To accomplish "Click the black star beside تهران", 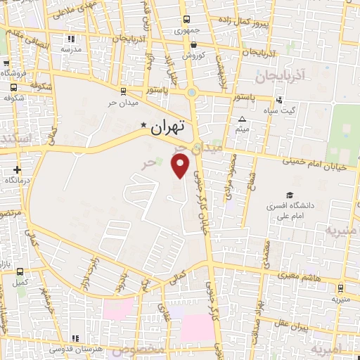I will (143, 126).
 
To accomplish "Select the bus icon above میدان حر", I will (123, 91).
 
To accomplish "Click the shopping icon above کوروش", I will (188, 44).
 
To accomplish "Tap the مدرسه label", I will (70, 49).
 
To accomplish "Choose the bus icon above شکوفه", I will (15, 88).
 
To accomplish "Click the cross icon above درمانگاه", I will (17, 169).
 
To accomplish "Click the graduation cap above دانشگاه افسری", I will (290, 195).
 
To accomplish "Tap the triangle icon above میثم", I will (243, 119).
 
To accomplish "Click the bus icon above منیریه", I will (340, 288).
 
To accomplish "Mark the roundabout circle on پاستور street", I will (191, 91).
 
